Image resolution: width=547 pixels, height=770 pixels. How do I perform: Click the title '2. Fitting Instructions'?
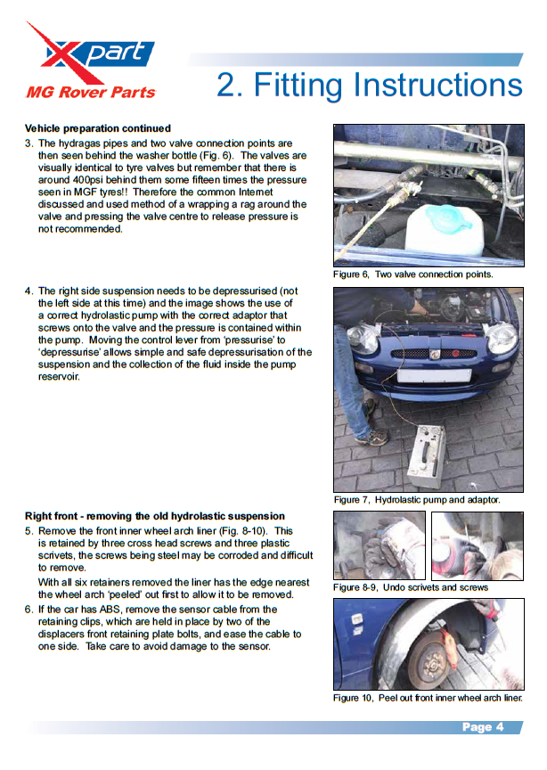(x=369, y=85)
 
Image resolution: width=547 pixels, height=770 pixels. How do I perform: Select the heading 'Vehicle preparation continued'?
(x=98, y=128)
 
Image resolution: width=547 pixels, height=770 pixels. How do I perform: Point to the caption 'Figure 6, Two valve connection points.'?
(x=413, y=274)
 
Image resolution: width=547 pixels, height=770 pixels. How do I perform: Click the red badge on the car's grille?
(x=455, y=354)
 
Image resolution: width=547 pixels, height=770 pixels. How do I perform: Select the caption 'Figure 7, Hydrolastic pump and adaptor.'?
(x=417, y=500)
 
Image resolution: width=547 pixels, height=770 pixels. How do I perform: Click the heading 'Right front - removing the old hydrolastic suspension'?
(x=155, y=516)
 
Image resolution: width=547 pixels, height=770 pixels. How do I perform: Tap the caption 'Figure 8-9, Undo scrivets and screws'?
(x=411, y=587)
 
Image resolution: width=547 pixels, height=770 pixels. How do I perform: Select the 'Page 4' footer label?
(x=483, y=727)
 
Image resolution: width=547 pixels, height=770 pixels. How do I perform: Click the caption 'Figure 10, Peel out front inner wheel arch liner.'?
(x=428, y=698)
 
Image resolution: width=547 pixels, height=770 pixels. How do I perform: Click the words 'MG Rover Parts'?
(x=91, y=93)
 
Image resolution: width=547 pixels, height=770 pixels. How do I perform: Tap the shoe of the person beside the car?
(x=371, y=437)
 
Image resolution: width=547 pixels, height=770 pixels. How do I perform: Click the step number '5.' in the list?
(x=29, y=531)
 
